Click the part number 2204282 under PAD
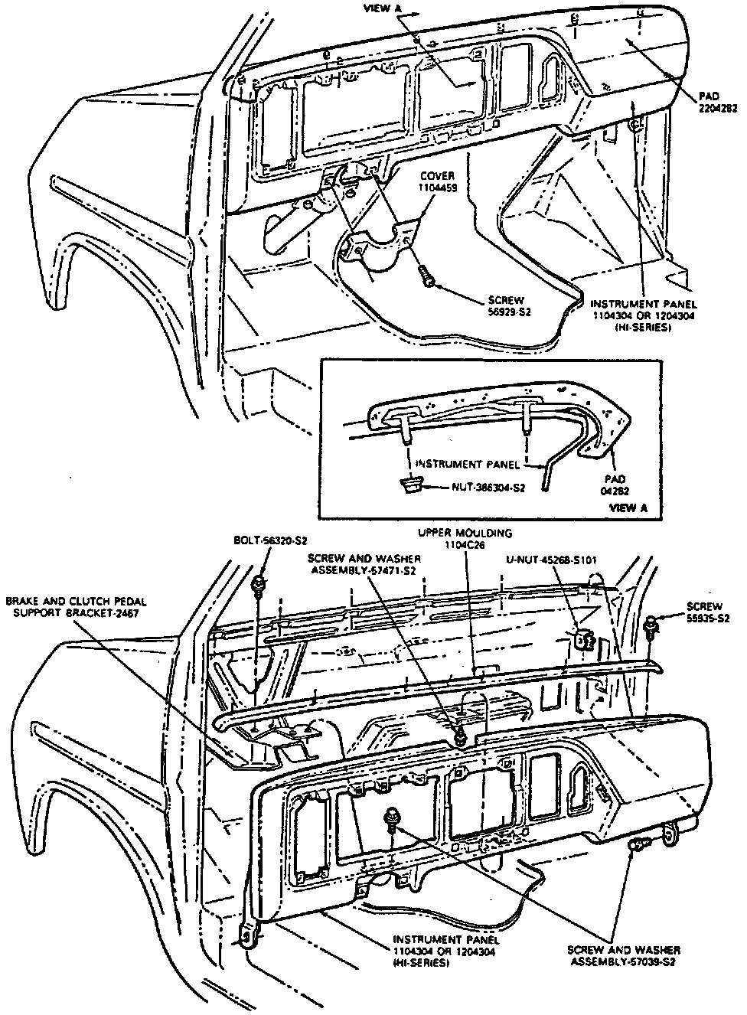(717, 109)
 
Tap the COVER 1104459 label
(438, 181)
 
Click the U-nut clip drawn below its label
(585, 637)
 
